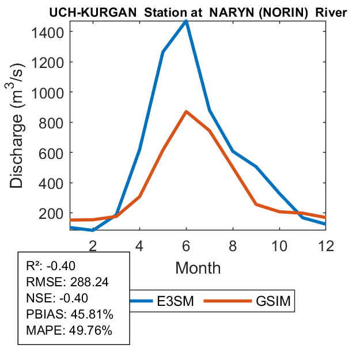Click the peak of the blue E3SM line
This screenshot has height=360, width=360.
pyautogui.click(x=186, y=21)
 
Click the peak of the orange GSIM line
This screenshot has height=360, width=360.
pyautogui.click(x=186, y=111)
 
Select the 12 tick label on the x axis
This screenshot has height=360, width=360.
pyautogui.click(x=325, y=246)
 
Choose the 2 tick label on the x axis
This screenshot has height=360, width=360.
pyautogui.click(x=93, y=246)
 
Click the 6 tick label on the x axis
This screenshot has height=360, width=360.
pyautogui.click(x=186, y=246)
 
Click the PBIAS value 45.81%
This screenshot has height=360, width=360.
pyautogui.click(x=91, y=314)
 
